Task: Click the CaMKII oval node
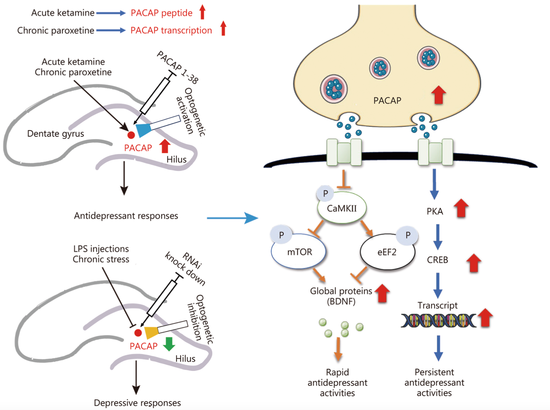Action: (342, 209)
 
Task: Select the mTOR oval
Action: (299, 252)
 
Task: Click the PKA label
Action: (435, 212)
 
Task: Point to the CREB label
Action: (437, 260)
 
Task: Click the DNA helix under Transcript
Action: (438, 321)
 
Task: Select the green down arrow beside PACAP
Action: (169, 344)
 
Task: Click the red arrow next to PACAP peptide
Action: (202, 12)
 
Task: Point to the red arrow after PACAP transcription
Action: (223, 28)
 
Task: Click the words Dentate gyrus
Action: (55, 134)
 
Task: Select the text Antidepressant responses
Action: (126, 216)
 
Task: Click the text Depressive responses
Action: (137, 403)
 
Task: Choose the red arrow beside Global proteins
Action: (382, 293)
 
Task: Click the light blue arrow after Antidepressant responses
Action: (232, 218)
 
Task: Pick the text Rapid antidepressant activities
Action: (337, 382)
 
